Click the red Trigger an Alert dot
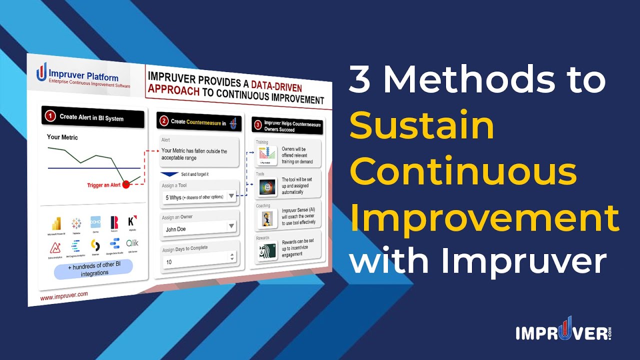click(126, 184)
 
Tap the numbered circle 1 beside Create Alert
click(50, 116)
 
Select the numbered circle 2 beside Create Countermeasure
click(163, 121)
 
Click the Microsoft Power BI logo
click(55, 224)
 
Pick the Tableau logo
click(76, 223)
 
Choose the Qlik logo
click(132, 243)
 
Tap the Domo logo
click(95, 222)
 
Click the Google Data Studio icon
click(114, 244)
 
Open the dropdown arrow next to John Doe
click(231, 226)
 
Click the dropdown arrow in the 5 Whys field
click(231, 196)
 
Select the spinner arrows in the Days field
click(231, 257)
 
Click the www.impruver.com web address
click(63, 296)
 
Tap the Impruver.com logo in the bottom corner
click(563, 332)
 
